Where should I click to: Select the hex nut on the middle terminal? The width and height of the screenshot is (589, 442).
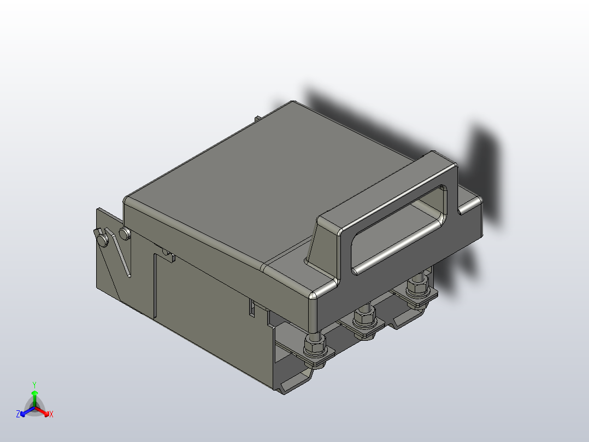pos(363,318)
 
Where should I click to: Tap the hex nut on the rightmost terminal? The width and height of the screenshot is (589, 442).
pos(417,286)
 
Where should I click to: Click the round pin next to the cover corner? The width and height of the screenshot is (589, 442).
pos(125,234)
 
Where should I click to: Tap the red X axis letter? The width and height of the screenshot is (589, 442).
pos(51,415)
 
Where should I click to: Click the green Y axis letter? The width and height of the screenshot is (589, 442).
pos(34,385)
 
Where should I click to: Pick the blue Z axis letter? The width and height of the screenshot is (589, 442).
pos(18,414)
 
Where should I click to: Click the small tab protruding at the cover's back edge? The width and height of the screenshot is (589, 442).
pos(257,119)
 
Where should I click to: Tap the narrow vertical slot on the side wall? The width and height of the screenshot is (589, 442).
pos(252,307)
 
